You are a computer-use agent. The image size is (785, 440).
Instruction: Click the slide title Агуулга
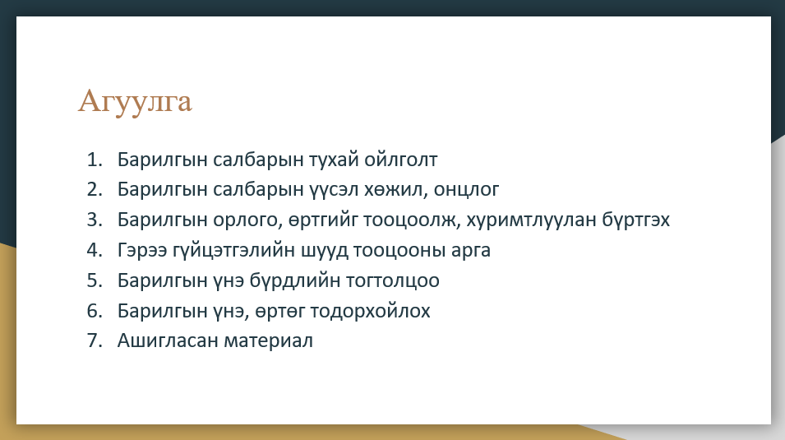(135, 101)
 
